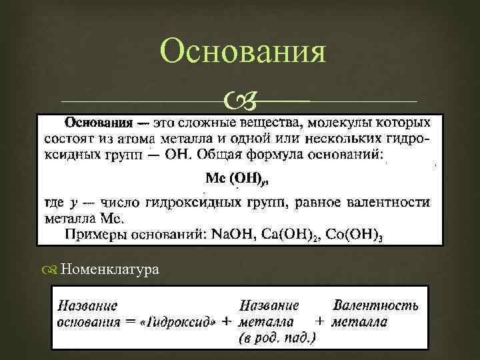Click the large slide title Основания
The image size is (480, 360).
244,53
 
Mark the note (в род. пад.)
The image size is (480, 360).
277,338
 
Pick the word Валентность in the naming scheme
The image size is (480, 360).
375,306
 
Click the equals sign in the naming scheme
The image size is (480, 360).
131,322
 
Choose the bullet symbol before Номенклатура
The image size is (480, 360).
53,269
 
